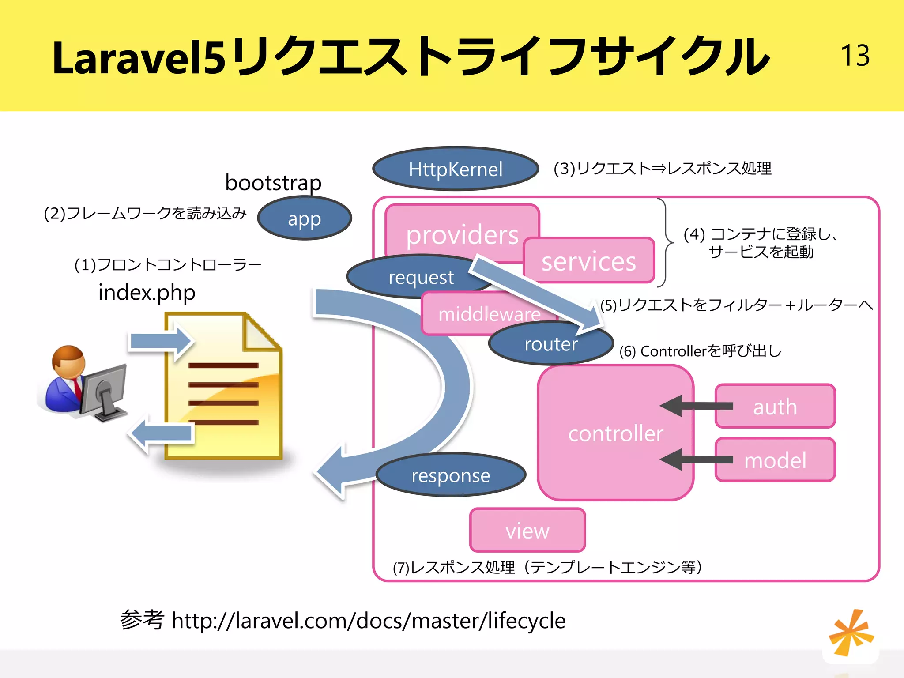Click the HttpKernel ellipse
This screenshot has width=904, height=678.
point(455,169)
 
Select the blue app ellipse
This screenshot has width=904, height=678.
point(304,218)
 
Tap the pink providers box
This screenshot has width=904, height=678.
point(461,230)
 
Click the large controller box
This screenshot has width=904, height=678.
point(615,433)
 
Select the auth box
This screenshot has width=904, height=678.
point(776,407)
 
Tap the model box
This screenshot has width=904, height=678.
point(776,460)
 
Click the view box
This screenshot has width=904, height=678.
point(527,530)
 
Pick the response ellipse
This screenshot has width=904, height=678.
point(451,475)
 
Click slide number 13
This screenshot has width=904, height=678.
point(855,56)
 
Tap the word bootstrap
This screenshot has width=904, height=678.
point(273,182)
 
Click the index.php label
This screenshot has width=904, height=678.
point(147,292)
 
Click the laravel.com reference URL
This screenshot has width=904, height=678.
point(368,621)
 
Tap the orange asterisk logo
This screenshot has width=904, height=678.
point(851,633)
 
